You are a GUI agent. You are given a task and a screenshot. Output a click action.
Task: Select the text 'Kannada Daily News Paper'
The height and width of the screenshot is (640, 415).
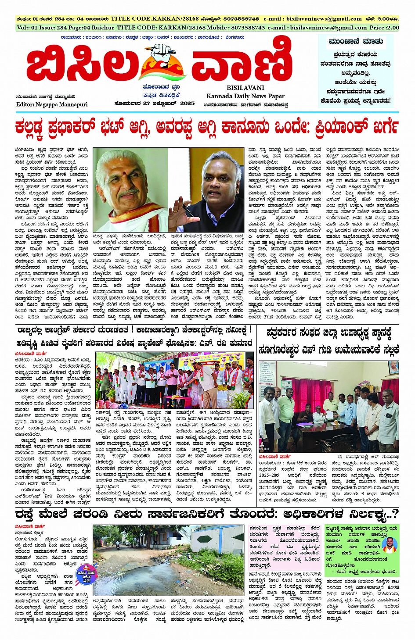coord(245,96)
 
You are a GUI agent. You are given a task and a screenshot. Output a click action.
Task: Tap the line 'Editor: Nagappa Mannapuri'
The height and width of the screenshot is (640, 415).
coord(52,104)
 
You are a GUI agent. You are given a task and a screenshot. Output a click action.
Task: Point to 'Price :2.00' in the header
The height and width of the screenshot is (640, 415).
coord(384,27)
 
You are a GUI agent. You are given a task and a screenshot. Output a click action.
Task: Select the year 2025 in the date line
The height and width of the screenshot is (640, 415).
coord(187,104)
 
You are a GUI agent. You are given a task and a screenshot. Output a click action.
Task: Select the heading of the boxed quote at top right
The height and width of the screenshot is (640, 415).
coord(356,42)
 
